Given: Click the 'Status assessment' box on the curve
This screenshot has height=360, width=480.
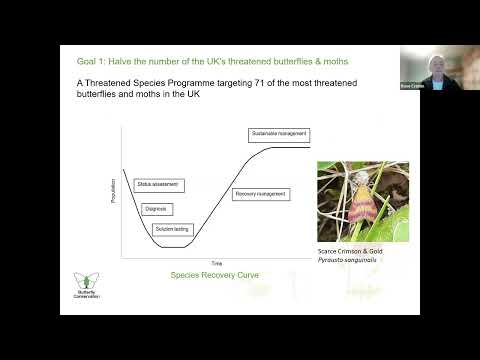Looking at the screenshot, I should [157, 185].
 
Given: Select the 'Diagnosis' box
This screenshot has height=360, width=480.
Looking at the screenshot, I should [155, 208].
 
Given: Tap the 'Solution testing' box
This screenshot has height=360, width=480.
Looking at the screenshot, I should [172, 229].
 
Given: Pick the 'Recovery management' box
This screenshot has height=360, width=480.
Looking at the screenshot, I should [260, 193].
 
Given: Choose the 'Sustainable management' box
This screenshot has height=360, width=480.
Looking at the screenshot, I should [279, 134].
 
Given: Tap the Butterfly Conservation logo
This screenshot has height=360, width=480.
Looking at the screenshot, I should [87, 285].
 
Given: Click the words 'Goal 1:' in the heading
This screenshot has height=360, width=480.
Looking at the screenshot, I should [91, 60].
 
